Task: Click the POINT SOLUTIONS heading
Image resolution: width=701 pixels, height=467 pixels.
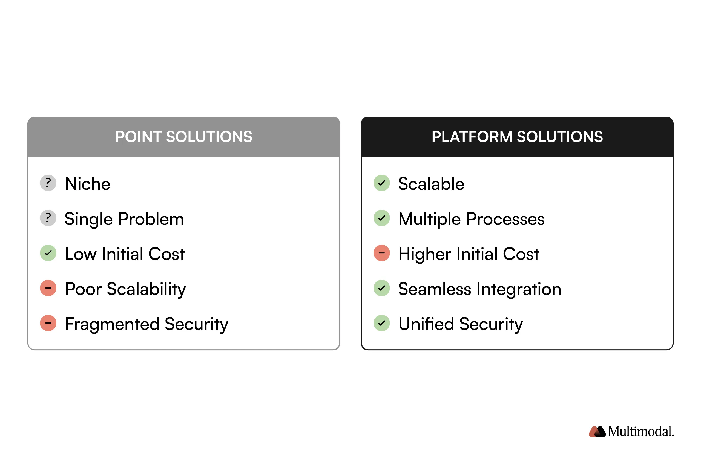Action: [183, 137]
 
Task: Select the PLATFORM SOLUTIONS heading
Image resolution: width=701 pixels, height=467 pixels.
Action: [517, 137]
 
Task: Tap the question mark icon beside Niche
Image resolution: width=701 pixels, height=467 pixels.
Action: [48, 183]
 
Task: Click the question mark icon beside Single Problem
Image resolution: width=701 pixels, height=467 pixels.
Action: [48, 218]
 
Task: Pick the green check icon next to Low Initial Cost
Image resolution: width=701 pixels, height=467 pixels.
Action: [48, 253]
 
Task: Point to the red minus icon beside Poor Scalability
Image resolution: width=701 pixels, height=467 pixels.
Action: [48, 288]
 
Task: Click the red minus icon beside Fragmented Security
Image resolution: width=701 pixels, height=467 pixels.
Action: [48, 323]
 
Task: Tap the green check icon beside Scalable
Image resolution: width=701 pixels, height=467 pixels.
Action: [381, 183]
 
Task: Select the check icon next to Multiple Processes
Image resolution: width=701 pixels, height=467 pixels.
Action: [381, 218]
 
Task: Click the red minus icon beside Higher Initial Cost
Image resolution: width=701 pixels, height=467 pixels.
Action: [381, 253]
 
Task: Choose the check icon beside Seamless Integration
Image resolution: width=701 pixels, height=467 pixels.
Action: [381, 288]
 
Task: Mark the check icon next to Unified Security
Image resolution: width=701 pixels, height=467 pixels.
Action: [381, 323]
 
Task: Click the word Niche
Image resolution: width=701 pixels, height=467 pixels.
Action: [88, 184]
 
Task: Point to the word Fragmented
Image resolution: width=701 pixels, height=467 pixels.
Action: [112, 324]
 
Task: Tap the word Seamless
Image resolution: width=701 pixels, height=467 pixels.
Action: [434, 289]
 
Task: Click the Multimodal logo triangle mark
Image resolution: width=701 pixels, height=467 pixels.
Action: [597, 431]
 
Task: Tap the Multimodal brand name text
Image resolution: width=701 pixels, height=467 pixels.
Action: [640, 431]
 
